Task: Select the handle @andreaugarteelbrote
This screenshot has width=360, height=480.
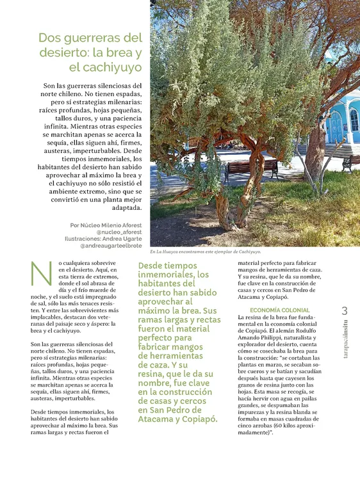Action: (x=111, y=245)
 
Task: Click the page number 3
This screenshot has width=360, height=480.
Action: (x=345, y=310)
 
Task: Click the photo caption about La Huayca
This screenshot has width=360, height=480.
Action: (x=205, y=252)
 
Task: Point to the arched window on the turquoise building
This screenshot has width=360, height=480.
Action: (x=354, y=119)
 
